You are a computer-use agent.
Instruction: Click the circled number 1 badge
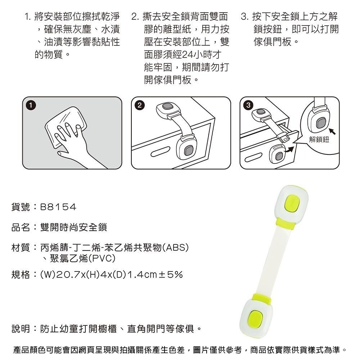click(31, 105)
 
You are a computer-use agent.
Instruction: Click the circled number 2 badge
click(140, 105)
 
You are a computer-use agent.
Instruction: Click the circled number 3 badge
click(248, 105)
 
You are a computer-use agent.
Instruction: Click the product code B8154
click(58, 207)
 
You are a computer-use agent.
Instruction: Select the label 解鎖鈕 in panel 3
click(319, 139)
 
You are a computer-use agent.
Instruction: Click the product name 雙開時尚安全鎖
click(74, 227)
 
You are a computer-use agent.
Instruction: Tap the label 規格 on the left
click(21, 275)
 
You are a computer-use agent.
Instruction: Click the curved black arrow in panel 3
click(289, 150)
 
